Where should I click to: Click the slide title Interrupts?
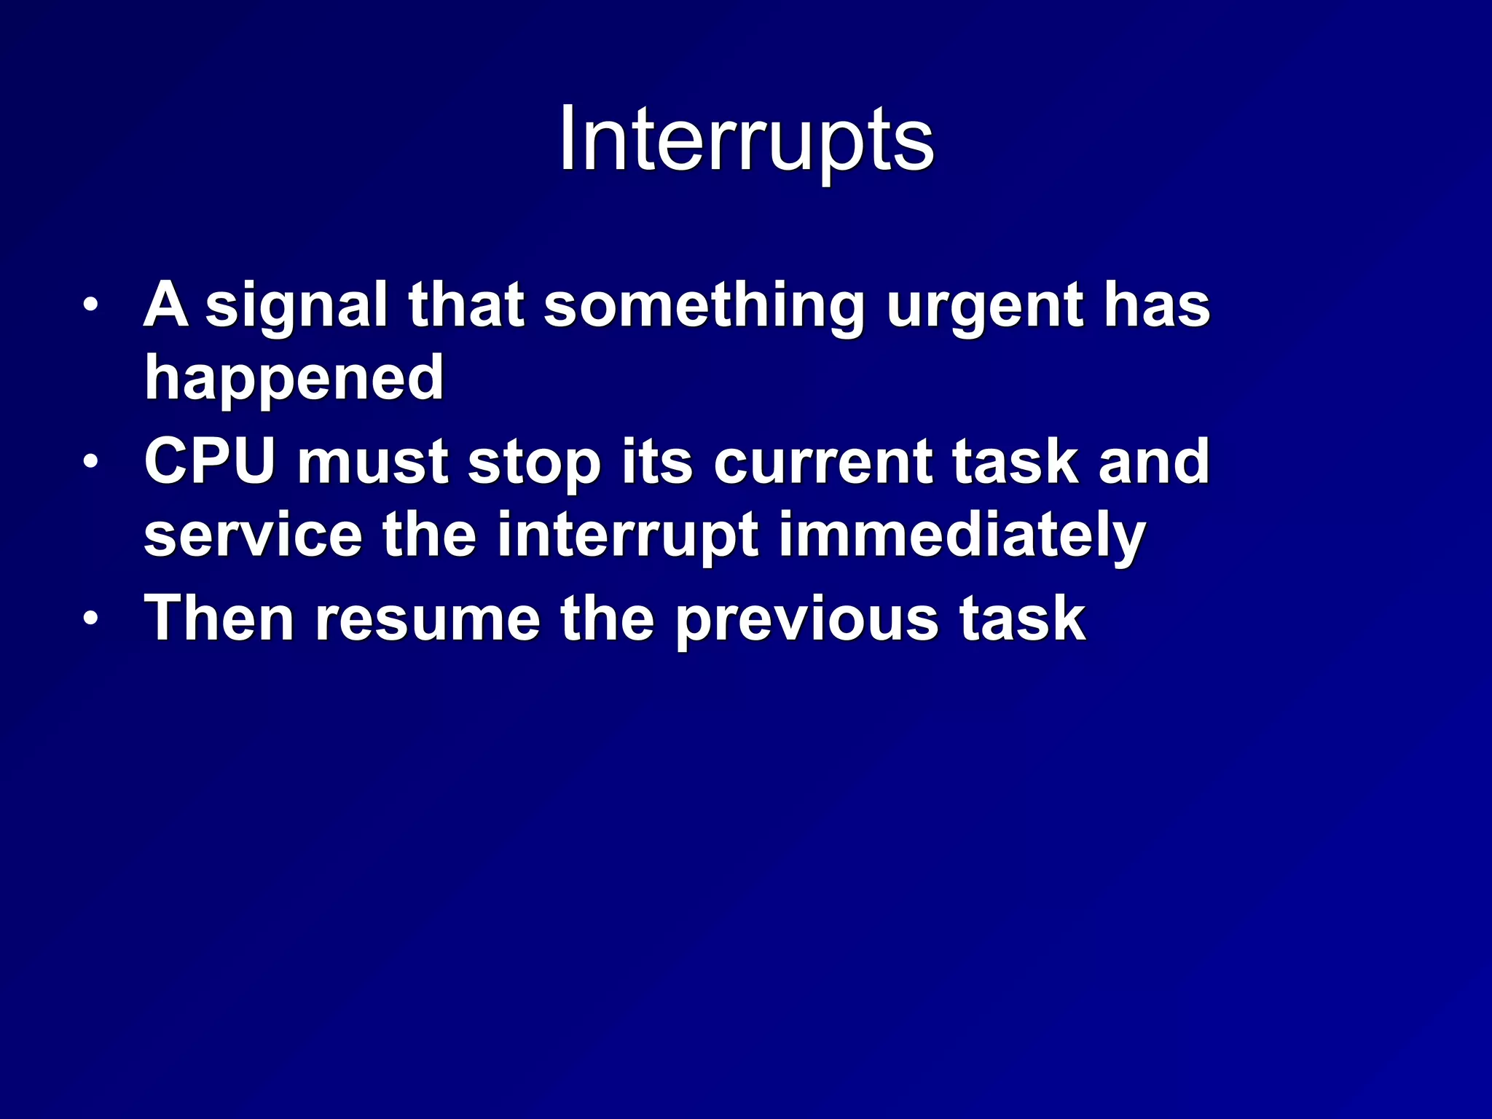[746, 140]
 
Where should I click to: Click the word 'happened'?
[294, 379]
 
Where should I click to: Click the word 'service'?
[253, 535]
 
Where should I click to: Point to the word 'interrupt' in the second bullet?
[627, 535]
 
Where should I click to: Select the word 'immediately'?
[962, 535]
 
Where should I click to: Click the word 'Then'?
[219, 619]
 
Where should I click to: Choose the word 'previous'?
[806, 619]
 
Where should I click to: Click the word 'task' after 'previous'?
[1022, 619]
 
